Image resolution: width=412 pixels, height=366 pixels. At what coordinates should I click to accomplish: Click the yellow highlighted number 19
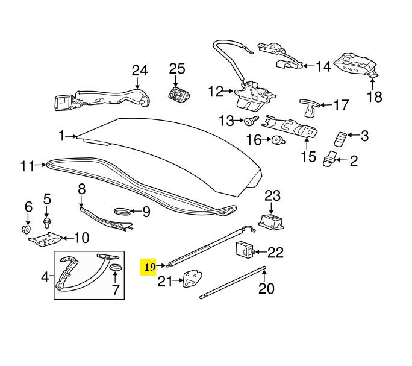click(150, 266)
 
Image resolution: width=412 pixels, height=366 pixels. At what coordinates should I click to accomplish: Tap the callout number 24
click(139, 71)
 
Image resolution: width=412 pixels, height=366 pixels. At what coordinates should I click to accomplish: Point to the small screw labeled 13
click(248, 121)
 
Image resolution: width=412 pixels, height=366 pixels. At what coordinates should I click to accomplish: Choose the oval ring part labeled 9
click(123, 212)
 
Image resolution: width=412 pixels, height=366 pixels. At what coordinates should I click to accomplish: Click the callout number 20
click(266, 288)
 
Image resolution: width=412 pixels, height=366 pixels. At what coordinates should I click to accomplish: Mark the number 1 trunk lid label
click(61, 137)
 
